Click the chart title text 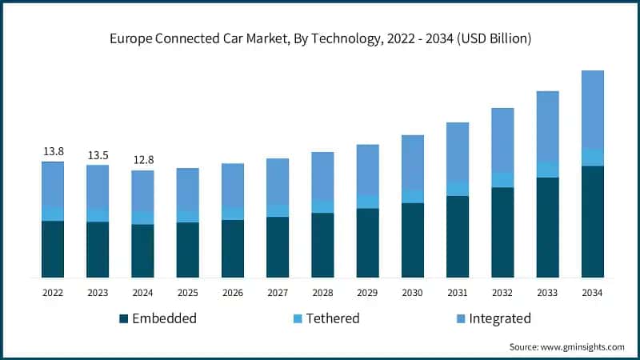tap(320, 38)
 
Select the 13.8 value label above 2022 tap(53, 151)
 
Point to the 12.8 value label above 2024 tap(142, 160)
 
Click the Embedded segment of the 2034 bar tap(592, 222)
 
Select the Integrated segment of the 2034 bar tap(592, 109)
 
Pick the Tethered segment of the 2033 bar tap(547, 169)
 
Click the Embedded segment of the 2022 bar tap(53, 249)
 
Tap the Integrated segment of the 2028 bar tap(322, 176)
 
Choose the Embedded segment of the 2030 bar tap(412, 240)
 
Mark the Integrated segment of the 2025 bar tap(187, 190)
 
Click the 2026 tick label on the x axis tap(232, 293)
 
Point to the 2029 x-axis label tap(367, 293)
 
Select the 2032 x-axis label tap(502, 293)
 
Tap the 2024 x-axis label tap(142, 293)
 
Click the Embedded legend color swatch tap(123, 319)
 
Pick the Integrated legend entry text tap(499, 318)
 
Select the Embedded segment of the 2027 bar tap(278, 247)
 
